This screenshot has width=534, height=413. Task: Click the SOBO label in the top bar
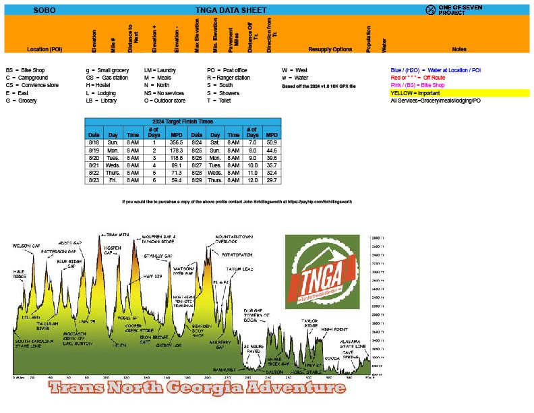(44, 10)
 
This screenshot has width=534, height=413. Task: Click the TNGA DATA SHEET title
(231, 10)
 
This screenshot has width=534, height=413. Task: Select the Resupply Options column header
(330, 49)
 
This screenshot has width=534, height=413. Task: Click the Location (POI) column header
(44, 49)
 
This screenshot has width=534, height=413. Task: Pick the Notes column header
(459, 49)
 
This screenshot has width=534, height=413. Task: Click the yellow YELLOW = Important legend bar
(459, 93)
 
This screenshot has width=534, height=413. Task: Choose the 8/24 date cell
(196, 143)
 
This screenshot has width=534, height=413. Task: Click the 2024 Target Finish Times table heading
(182, 121)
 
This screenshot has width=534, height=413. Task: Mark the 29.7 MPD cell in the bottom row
(272, 181)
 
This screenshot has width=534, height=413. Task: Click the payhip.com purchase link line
(237, 201)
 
